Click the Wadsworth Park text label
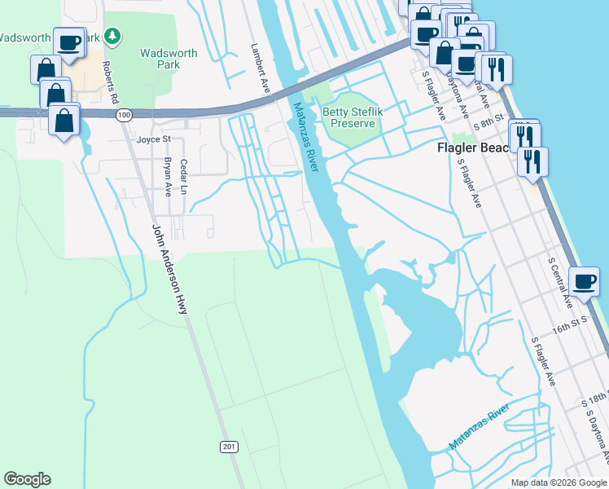[x=169, y=59]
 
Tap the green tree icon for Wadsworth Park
[x=112, y=37]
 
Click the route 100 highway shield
[x=124, y=116]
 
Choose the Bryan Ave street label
[x=169, y=177]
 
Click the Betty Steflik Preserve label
[x=350, y=117]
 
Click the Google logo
[x=27, y=479]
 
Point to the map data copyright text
[x=558, y=482]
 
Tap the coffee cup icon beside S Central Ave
[x=585, y=282]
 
